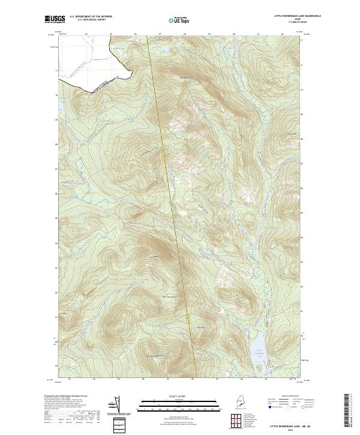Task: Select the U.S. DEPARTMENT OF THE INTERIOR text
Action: pos(91,17)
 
